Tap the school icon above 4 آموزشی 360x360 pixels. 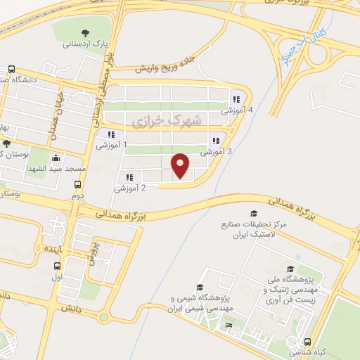237,99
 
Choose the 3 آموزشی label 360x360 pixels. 216,151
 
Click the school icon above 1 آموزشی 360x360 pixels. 110,134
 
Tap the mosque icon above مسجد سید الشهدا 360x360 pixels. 56,157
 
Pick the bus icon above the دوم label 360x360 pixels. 77,185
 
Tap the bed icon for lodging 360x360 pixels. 229,325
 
